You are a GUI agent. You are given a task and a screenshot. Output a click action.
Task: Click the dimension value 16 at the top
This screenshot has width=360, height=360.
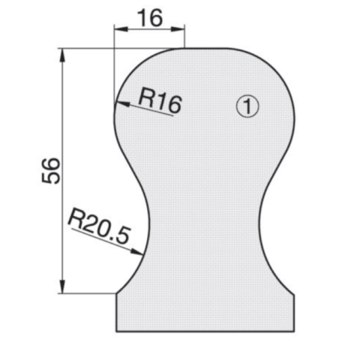click(150, 18)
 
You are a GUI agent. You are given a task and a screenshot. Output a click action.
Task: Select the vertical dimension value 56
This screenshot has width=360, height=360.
click(50, 171)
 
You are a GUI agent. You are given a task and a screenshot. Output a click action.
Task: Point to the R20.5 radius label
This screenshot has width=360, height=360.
click(98, 227)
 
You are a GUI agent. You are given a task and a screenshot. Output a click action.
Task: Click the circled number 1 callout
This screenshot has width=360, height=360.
click(247, 106)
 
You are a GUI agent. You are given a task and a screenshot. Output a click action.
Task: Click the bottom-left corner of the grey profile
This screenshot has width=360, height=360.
click(116, 331)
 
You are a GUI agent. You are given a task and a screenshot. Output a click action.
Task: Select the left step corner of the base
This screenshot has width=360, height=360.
click(116, 294)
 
